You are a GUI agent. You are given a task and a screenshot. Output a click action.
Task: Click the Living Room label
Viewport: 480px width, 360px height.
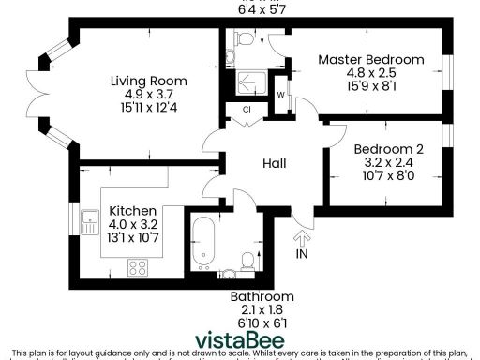click(148, 79)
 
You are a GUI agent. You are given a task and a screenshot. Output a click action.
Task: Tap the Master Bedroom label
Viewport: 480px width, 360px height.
click(370, 60)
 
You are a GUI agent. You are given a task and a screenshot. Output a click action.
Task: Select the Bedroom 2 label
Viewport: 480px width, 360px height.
click(388, 148)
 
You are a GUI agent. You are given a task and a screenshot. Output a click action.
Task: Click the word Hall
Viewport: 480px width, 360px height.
click(274, 163)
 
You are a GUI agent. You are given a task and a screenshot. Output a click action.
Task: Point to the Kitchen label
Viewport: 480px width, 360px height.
click(132, 211)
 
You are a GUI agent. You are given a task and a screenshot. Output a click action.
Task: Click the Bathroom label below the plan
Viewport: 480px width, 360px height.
click(256, 296)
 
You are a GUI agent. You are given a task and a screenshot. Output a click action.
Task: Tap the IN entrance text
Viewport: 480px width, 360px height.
click(302, 254)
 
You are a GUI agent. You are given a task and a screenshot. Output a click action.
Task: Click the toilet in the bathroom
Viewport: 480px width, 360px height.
click(246, 258)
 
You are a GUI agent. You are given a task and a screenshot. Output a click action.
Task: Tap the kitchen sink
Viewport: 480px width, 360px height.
click(91, 223)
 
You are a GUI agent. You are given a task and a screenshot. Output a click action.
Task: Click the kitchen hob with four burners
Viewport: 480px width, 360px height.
click(139, 267)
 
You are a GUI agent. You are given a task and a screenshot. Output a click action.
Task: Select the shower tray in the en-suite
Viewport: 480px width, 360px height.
click(251, 82)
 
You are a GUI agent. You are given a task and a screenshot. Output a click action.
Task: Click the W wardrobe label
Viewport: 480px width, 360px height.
click(281, 96)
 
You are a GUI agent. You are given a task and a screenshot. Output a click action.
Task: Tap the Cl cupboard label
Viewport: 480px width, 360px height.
click(247, 109)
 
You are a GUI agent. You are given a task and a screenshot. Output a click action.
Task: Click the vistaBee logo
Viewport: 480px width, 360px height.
click(240, 339)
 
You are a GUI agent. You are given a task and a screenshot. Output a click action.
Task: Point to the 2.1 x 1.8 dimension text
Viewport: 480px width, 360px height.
click(256, 309)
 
